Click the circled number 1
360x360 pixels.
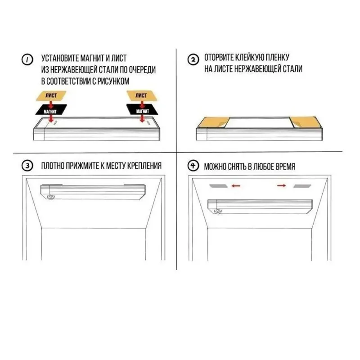point(27,59)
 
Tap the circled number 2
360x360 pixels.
point(193,59)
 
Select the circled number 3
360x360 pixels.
point(27,166)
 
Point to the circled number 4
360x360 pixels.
point(193,166)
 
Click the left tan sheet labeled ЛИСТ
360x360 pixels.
point(51,96)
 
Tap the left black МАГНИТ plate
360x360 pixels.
point(51,110)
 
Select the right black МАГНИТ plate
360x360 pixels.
point(142,109)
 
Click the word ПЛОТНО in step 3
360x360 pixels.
point(53,166)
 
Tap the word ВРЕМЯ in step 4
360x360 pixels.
point(285,166)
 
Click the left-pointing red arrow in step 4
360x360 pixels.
point(236,185)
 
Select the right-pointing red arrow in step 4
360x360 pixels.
point(282,185)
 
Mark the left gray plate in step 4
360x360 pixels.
point(218,186)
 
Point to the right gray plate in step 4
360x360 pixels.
point(302,186)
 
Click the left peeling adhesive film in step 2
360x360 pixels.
point(213,122)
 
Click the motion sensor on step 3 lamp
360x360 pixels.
point(50,197)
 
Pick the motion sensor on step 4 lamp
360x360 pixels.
point(217,211)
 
